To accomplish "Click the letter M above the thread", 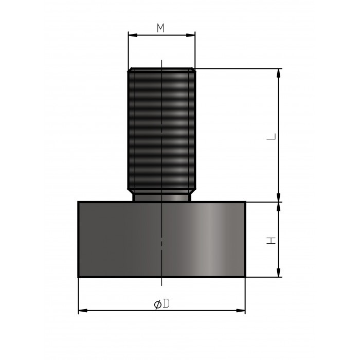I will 161,28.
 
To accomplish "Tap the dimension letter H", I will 273,240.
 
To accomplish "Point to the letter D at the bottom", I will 166,304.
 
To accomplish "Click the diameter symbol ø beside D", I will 157,304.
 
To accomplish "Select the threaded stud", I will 161,129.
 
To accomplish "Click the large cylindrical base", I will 161,239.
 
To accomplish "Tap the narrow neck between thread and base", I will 161,196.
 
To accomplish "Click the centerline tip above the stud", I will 161,61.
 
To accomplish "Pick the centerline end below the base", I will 161,283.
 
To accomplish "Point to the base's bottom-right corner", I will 245,277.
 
